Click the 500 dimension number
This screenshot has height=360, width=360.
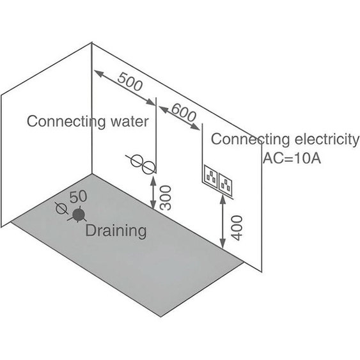click(x=130, y=82)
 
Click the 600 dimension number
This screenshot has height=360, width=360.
click(x=184, y=113)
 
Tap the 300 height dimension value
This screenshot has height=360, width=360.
click(x=166, y=198)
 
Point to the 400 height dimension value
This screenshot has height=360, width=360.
click(x=237, y=228)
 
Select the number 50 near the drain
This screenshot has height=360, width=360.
click(x=78, y=197)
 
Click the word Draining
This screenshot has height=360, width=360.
click(x=116, y=231)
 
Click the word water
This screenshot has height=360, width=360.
click(x=130, y=121)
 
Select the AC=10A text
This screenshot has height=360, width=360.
click(x=292, y=158)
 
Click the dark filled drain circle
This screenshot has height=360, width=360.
click(x=79, y=215)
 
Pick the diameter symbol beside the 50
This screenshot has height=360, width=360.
click(x=61, y=208)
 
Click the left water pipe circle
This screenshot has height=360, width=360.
click(x=136, y=160)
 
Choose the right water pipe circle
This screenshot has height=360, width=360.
click(x=148, y=168)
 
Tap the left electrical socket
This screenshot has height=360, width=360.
click(x=211, y=176)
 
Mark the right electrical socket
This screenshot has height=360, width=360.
click(x=225, y=184)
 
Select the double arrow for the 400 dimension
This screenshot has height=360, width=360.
click(x=223, y=221)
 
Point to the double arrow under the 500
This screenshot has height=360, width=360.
click(x=125, y=88)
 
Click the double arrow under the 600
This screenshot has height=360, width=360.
click(x=179, y=118)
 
